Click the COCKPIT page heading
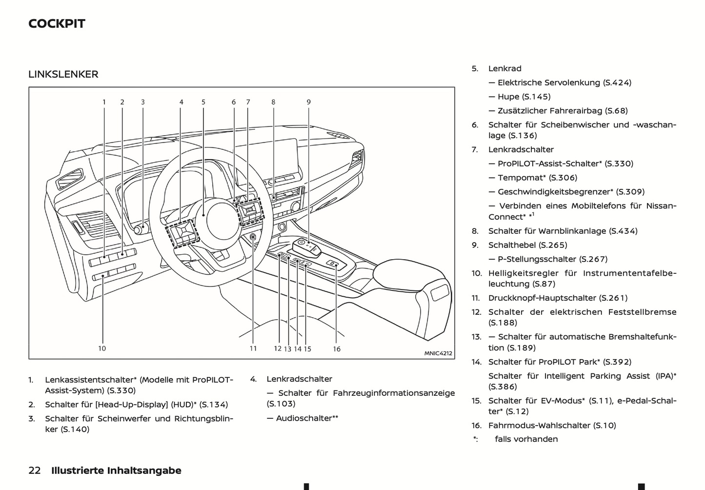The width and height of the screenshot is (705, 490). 57,23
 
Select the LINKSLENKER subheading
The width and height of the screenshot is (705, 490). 63,74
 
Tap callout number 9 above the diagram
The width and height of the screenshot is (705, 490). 308,102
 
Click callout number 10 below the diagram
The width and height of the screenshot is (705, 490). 102,348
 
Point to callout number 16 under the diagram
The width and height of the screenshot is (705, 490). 337,348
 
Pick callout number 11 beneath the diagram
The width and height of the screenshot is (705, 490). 253,348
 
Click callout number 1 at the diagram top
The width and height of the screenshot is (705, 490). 104,102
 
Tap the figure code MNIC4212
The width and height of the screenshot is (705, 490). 438,353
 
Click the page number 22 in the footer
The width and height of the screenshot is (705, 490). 35,470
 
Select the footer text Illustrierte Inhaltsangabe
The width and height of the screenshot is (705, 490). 116,470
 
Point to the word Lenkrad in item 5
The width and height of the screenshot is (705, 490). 505,68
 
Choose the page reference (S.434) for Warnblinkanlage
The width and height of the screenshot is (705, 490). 623,231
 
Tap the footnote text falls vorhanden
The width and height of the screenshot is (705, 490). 526,439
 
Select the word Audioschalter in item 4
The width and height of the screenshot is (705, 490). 304,418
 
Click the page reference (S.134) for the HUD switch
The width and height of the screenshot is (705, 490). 213,404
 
